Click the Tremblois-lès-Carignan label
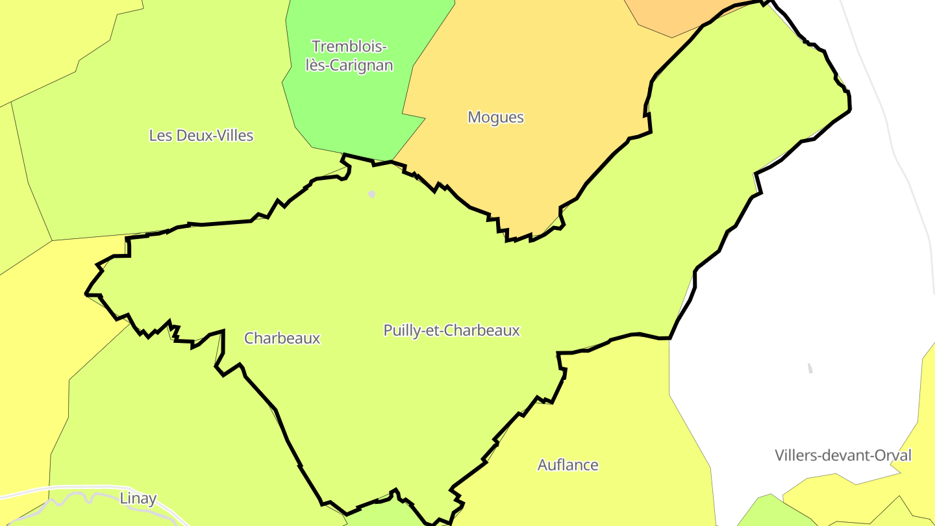(x=349, y=56)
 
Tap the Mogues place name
(x=495, y=118)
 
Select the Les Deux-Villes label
(x=201, y=135)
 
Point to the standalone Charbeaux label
(x=282, y=338)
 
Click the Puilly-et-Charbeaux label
(x=451, y=331)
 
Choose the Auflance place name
(x=567, y=465)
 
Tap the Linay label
(x=138, y=499)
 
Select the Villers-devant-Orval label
(x=843, y=455)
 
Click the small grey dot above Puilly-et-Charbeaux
(x=372, y=194)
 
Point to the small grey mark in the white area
(x=810, y=368)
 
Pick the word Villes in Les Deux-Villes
(x=234, y=135)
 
